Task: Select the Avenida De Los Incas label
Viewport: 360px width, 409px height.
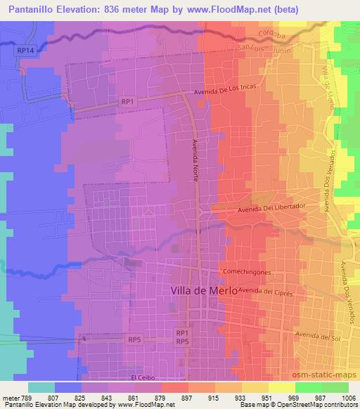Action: [x=229, y=92]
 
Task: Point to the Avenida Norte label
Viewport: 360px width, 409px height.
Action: [x=196, y=160]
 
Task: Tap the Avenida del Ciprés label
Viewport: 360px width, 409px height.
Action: [x=263, y=290]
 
